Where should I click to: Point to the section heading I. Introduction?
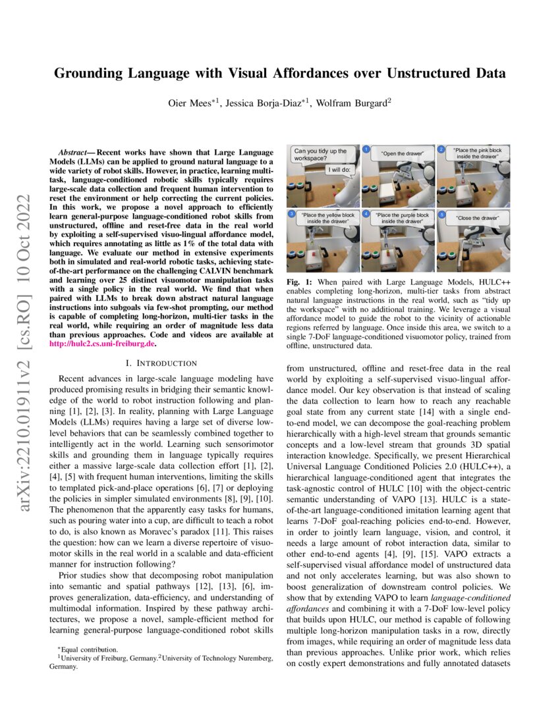pos(161,363)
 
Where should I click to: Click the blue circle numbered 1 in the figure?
pos(364,149)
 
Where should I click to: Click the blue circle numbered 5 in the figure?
pos(441,215)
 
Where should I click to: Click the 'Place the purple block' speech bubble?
pos(401,218)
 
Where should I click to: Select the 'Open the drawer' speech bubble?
pos(402,154)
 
